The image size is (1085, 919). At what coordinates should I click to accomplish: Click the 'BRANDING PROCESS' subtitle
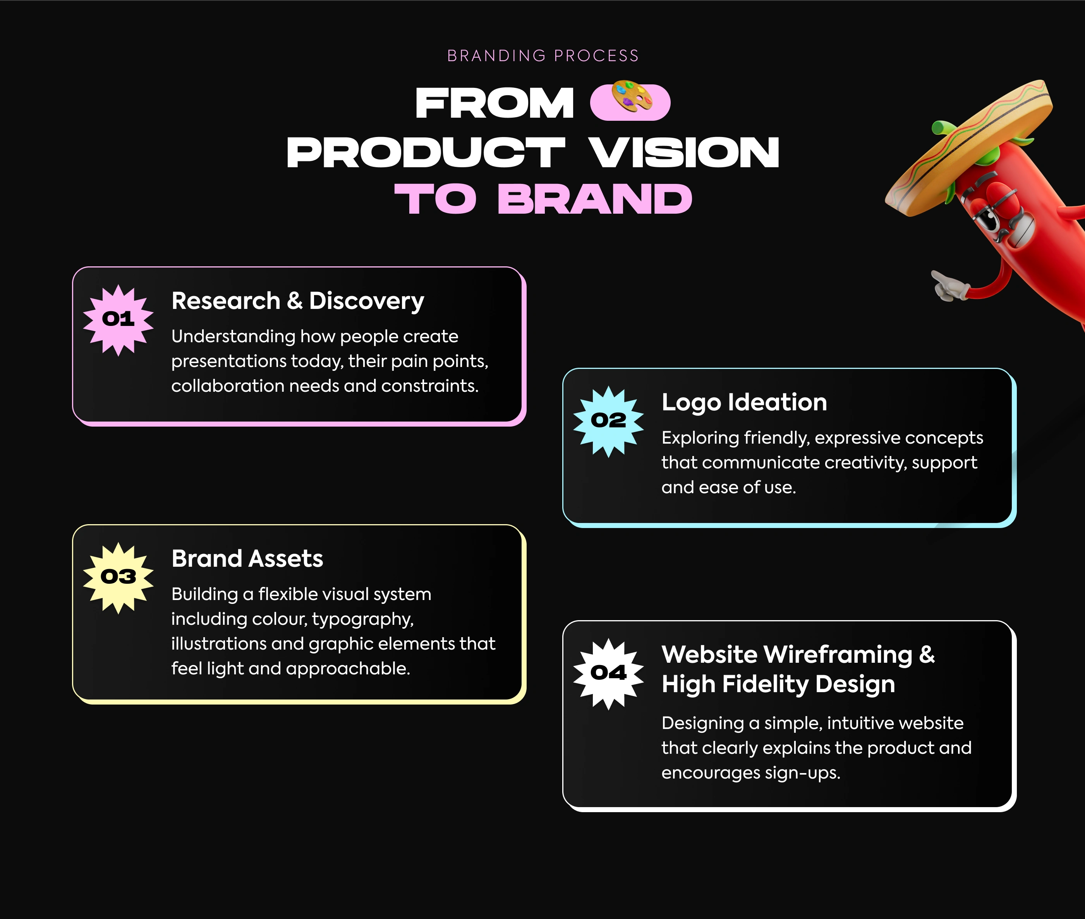[x=542, y=56]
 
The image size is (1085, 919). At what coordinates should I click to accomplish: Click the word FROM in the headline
[x=494, y=103]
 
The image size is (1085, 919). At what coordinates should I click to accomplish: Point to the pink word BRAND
[x=595, y=199]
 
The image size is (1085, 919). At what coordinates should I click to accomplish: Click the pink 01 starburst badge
[x=118, y=320]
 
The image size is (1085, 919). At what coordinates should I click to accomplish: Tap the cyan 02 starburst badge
[x=608, y=422]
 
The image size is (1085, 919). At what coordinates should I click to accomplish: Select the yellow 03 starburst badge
[x=118, y=578]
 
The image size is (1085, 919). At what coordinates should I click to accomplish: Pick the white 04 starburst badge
[x=608, y=674]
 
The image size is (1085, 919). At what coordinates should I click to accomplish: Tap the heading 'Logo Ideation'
[x=744, y=403]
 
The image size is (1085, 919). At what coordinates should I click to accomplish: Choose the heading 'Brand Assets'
[x=247, y=559]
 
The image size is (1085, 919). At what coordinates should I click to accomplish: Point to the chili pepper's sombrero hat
[x=968, y=147]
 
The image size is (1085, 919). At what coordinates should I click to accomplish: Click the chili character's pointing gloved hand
[x=949, y=286]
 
